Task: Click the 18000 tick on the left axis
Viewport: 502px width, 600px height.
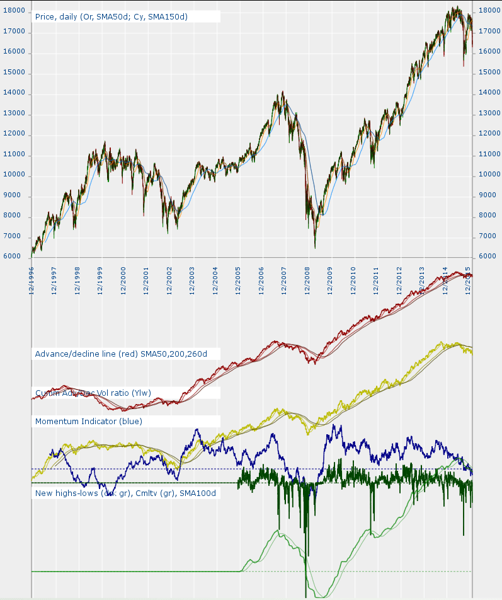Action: pos(14,11)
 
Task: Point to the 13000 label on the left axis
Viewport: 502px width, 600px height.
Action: pos(14,113)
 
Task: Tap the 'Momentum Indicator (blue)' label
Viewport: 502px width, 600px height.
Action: pos(89,421)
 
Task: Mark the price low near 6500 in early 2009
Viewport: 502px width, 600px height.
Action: pos(315,246)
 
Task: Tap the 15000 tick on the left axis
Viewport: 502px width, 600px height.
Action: pos(14,72)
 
